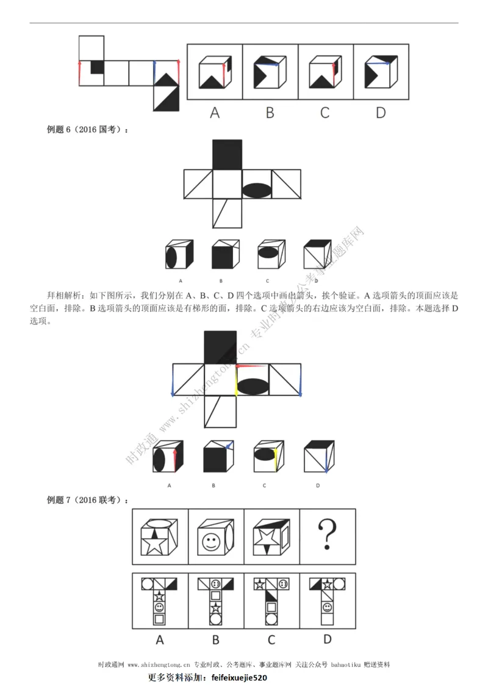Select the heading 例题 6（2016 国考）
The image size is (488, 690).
point(88,129)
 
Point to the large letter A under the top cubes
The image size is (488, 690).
point(215,112)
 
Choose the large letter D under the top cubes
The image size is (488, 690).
point(381,112)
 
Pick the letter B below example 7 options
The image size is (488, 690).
point(216,639)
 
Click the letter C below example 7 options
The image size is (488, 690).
point(271,639)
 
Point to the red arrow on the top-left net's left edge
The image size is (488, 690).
point(79,73)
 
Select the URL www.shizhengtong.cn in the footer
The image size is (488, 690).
point(159,664)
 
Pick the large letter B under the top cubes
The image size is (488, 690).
point(270,112)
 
